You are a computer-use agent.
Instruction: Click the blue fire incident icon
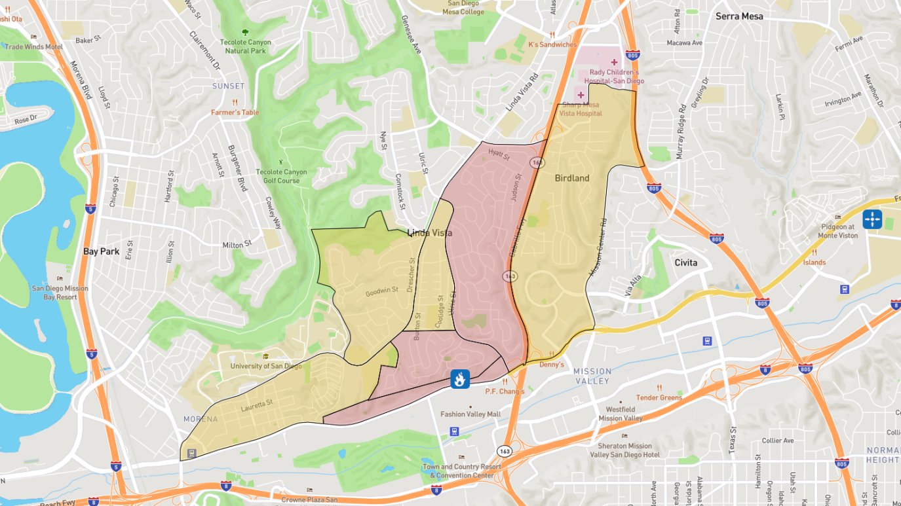[x=460, y=378]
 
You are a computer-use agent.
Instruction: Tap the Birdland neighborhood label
[x=572, y=178]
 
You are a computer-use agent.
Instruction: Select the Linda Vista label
[x=430, y=232]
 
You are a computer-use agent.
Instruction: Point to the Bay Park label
[x=101, y=251]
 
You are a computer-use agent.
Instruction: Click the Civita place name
[x=685, y=263]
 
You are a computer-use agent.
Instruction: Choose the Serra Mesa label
[x=739, y=16]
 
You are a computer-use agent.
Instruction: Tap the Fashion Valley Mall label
[x=470, y=414]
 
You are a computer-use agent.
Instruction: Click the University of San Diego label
[x=266, y=366]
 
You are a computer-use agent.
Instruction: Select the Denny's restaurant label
[x=551, y=365]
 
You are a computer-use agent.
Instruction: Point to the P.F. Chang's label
[x=505, y=391]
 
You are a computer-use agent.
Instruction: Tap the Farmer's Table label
[x=235, y=113]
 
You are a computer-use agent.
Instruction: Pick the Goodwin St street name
[x=382, y=292]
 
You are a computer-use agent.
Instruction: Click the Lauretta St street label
[x=256, y=406]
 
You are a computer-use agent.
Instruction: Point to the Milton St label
[x=237, y=245]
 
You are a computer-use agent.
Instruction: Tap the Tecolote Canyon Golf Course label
[x=282, y=176]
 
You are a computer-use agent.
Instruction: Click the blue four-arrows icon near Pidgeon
[x=872, y=219]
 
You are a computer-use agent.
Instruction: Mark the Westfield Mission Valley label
[x=620, y=414]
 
